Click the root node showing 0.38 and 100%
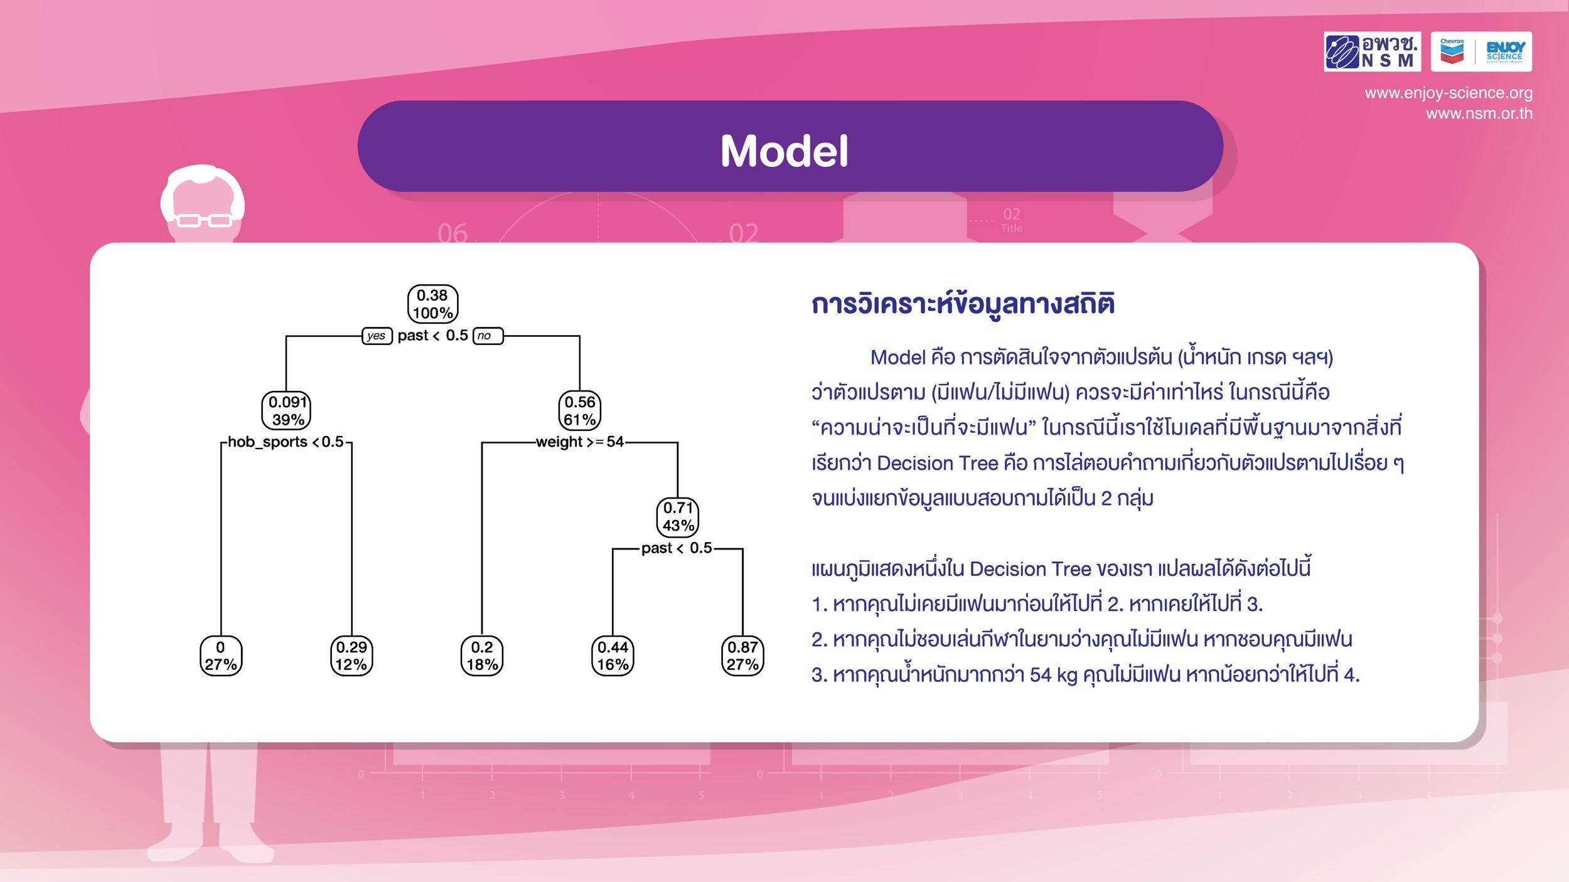point(433,304)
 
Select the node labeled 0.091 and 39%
point(286,411)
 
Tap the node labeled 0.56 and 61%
point(579,411)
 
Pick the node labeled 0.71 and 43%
point(678,517)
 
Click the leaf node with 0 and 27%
point(221,656)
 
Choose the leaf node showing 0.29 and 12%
point(351,656)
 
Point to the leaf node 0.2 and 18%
point(482,656)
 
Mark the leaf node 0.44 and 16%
point(613,656)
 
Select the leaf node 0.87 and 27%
point(743,656)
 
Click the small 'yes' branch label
point(377,336)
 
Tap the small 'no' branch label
point(488,336)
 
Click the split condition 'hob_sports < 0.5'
point(286,442)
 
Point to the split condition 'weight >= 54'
point(580,442)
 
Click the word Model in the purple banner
point(785,151)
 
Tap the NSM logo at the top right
point(1373,51)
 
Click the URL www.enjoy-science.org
point(1449,93)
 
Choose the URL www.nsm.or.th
point(1479,114)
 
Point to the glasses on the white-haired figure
point(204,220)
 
